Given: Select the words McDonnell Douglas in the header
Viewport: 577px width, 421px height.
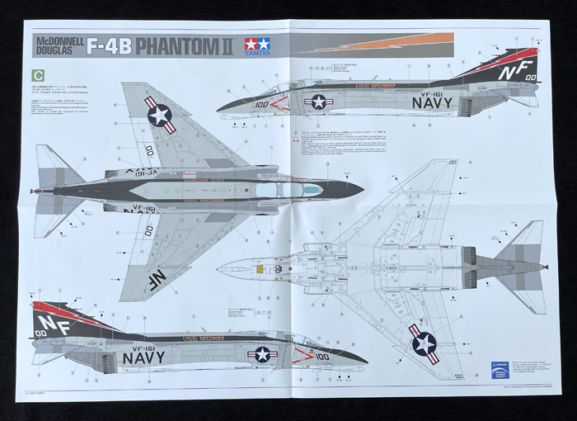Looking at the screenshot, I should pos(59,45).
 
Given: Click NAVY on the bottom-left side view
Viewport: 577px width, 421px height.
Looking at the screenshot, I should pos(143,357).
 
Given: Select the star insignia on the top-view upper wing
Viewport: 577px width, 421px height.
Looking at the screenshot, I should pos(161,115).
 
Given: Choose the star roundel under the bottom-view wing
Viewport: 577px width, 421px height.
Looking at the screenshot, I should pos(424,343).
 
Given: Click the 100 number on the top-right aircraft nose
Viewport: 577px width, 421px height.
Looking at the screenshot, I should pos(262,105).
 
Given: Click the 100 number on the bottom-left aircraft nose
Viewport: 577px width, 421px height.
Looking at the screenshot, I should pos(321,357).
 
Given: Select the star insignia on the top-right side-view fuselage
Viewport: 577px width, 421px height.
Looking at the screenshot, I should pos(317,102).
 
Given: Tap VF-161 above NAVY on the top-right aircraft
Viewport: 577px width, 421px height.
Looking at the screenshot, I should pos(432,89).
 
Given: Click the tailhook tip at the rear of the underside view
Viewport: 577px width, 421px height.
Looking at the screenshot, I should pos(545,267).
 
